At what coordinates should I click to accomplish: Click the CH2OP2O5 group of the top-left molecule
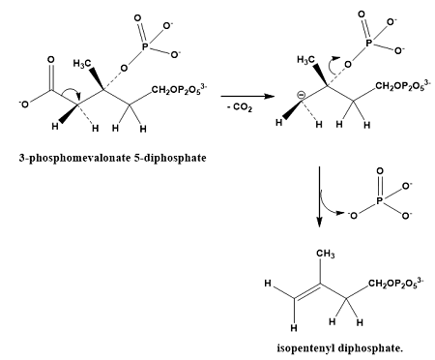tap(176, 90)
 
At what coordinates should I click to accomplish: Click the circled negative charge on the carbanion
tap(298, 94)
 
